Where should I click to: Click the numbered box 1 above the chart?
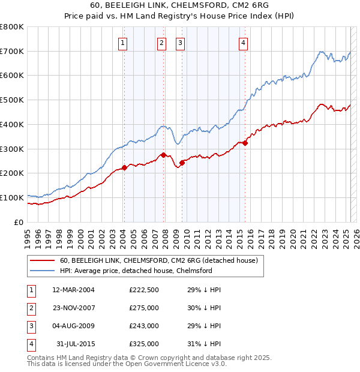123,43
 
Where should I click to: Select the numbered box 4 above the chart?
243,43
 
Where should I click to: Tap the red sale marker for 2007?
163,155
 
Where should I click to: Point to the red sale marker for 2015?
245,143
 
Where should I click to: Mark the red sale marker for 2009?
182,163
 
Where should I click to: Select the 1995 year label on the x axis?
28,237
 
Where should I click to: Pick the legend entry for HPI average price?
136,271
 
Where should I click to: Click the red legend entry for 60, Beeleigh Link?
158,260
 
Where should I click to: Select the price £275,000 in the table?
144,308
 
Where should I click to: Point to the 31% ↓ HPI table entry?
205,344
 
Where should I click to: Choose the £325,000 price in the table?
144,344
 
